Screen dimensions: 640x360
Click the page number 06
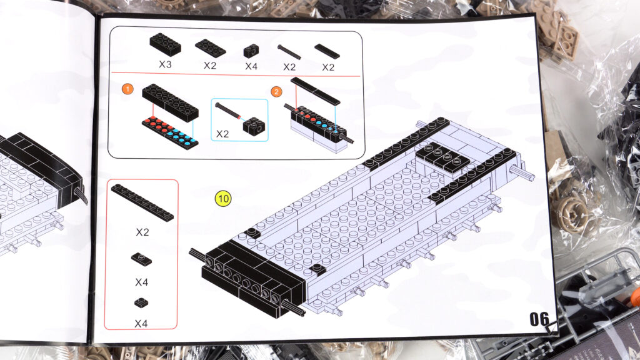pyautogui.click(x=539, y=319)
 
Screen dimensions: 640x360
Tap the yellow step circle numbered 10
pyautogui.click(x=223, y=199)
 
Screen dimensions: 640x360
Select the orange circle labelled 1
pyautogui.click(x=127, y=89)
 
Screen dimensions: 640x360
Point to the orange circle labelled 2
pyautogui.click(x=276, y=91)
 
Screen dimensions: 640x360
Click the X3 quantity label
pyautogui.click(x=165, y=64)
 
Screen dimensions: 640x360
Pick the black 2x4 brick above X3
pyautogui.click(x=165, y=44)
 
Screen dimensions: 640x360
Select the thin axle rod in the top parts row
pyautogui.click(x=289, y=52)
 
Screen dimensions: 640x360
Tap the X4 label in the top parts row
pyautogui.click(x=251, y=66)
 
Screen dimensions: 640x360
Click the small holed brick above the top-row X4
pyautogui.click(x=251, y=51)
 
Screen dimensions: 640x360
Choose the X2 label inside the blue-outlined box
pyautogui.click(x=222, y=134)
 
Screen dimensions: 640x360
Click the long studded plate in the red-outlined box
pyautogui.click(x=142, y=202)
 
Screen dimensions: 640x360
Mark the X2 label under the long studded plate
pyautogui.click(x=142, y=232)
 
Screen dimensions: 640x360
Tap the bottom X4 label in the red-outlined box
pyautogui.click(x=141, y=324)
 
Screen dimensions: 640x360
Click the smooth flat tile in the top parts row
pyautogui.click(x=327, y=51)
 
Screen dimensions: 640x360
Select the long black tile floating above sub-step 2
pyautogui.click(x=315, y=91)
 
